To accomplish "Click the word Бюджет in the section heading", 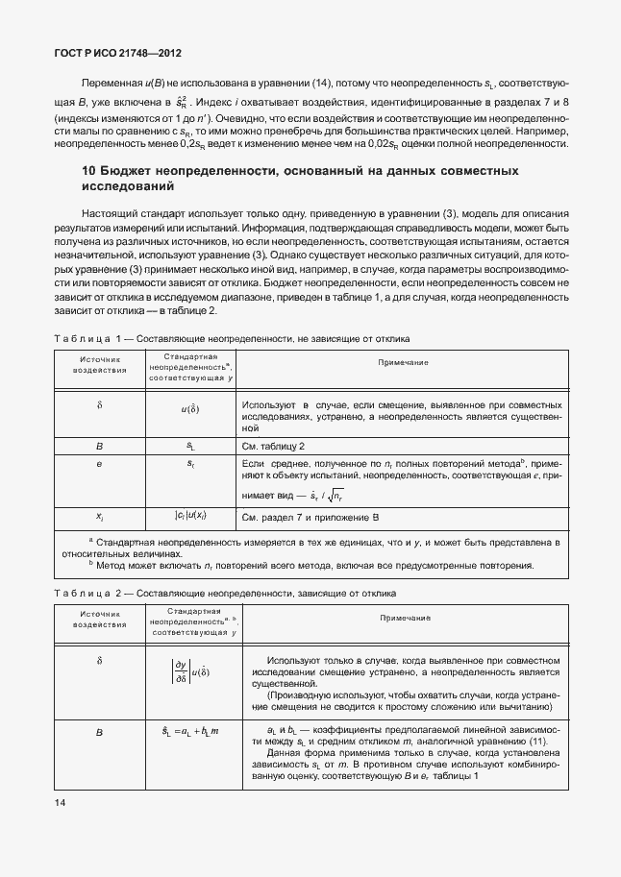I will click(130, 171).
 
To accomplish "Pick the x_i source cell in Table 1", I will click(100, 517).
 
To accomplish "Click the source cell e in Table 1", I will click(100, 464).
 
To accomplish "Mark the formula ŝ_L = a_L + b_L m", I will click(190, 732).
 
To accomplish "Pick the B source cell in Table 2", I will click(100, 732).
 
